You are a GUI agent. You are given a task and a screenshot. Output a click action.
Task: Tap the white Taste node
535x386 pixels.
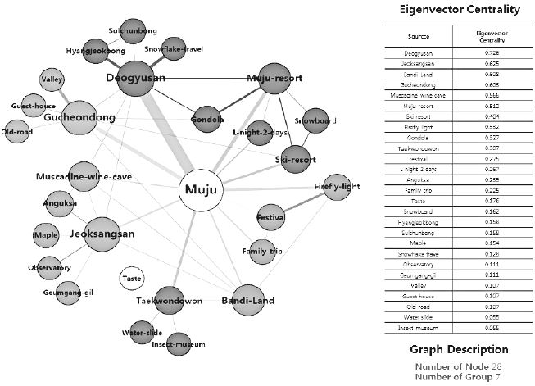pyautogui.click(x=131, y=279)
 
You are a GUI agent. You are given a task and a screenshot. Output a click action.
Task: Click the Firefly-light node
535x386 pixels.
pyautogui.click(x=337, y=186)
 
